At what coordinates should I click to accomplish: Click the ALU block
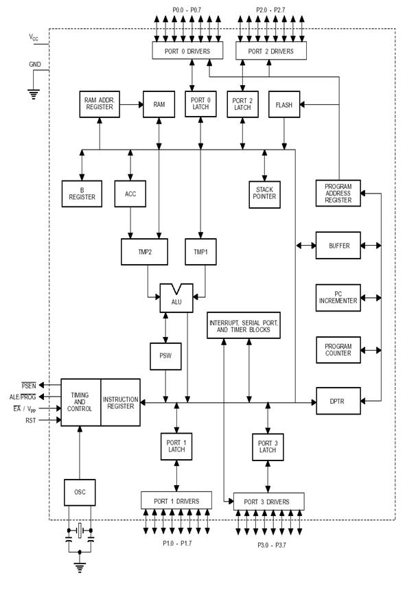(176, 299)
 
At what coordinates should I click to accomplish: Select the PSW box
(165, 356)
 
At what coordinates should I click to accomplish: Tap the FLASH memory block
(284, 104)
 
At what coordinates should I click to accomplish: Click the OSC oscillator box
(80, 493)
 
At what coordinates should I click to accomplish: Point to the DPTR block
(338, 401)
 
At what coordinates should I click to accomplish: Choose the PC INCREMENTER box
(338, 297)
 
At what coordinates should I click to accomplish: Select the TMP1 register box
(200, 252)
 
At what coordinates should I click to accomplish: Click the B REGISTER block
(82, 194)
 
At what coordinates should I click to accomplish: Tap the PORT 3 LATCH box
(268, 447)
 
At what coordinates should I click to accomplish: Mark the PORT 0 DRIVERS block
(187, 50)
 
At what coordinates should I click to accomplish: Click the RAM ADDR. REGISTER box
(100, 104)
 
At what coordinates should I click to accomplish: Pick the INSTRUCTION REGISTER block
(120, 403)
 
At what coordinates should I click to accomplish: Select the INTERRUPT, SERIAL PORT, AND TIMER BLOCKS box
(244, 325)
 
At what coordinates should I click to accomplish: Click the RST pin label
(31, 421)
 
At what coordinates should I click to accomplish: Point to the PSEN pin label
(29, 386)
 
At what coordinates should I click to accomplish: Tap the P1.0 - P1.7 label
(177, 543)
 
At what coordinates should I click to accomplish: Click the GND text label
(35, 65)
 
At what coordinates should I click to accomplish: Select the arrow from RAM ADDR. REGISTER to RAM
(132, 104)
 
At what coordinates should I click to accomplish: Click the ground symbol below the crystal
(80, 568)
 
